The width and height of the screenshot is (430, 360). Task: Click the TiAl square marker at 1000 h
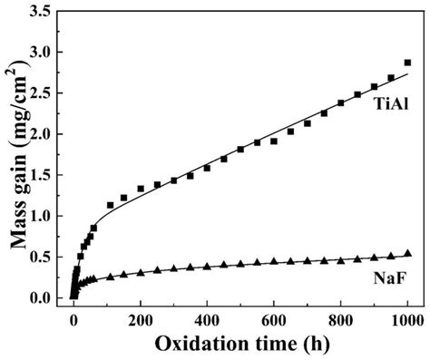point(406,63)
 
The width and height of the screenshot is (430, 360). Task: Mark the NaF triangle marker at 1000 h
point(406,254)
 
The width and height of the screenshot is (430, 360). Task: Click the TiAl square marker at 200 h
point(141,189)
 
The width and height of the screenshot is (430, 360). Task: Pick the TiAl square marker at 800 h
point(340,102)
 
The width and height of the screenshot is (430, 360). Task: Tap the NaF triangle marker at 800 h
point(340,259)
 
